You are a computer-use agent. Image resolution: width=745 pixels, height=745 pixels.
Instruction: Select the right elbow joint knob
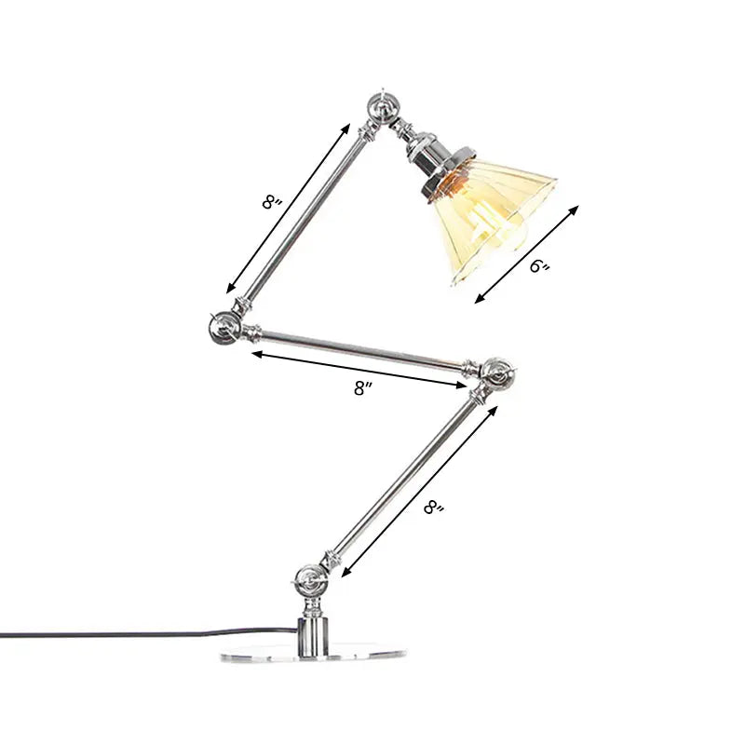pyautogui.click(x=494, y=373)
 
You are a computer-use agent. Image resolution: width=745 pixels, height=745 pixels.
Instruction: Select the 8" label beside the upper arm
pyautogui.click(x=271, y=202)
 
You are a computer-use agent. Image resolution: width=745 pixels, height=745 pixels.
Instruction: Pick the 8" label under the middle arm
pyautogui.click(x=361, y=390)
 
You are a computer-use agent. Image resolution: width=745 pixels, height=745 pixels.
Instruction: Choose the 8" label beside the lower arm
pyautogui.click(x=433, y=508)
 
